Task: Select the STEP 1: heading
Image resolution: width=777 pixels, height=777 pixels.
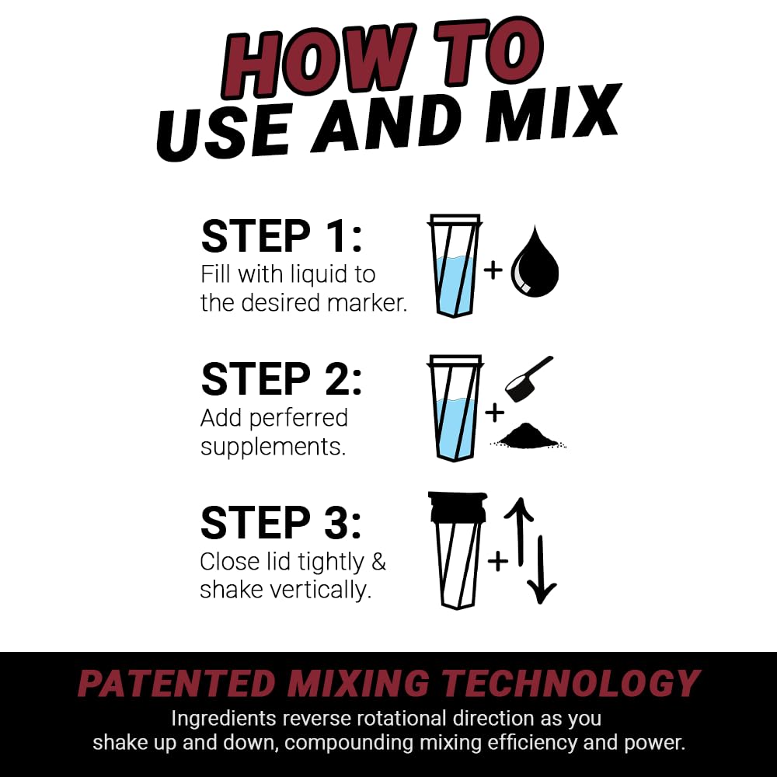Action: (281, 236)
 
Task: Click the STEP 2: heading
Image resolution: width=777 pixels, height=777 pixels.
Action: (281, 379)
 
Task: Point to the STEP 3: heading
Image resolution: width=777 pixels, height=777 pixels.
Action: (281, 522)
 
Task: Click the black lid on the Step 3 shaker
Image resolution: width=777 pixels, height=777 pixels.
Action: (457, 506)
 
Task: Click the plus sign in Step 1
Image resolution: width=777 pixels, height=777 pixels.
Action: (493, 270)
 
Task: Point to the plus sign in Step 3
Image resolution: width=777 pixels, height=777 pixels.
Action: (497, 559)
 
